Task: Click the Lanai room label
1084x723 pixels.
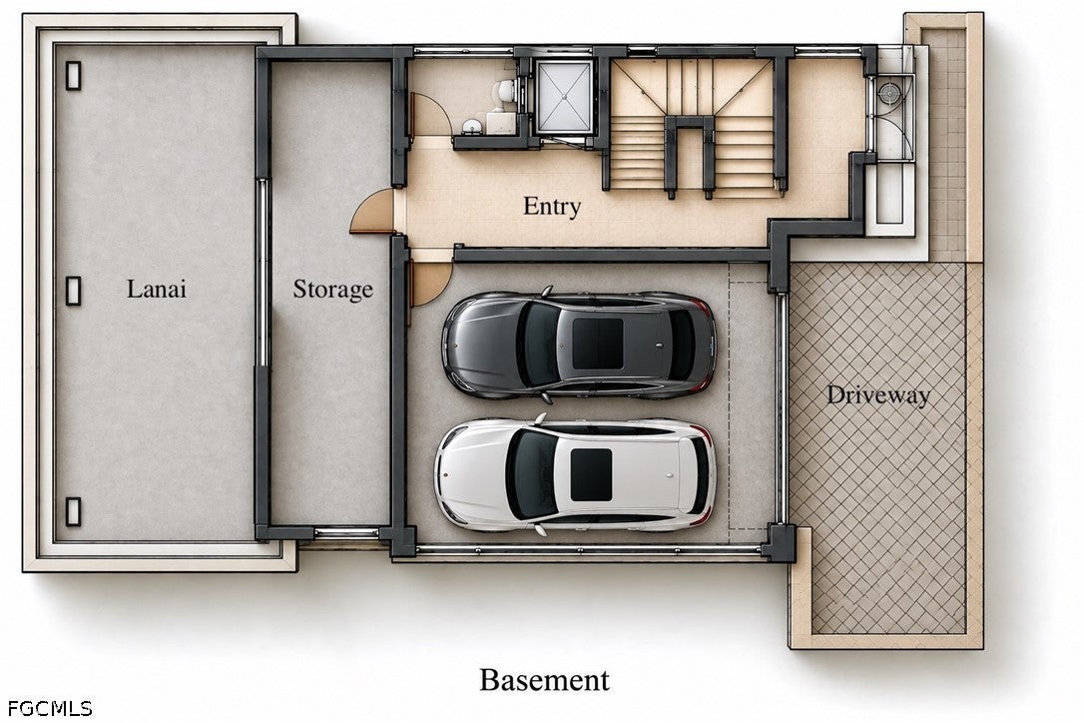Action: [x=157, y=289]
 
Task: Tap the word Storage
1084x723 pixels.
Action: [x=332, y=290]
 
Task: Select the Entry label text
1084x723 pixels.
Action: [x=552, y=206]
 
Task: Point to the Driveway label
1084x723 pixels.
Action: [x=878, y=395]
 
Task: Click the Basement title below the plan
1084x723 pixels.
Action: [x=545, y=679]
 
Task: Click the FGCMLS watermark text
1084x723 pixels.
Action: [x=50, y=708]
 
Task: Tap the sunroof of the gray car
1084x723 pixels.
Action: [x=598, y=344]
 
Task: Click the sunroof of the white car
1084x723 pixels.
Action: [x=591, y=474]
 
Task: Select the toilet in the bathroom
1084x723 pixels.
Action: [x=504, y=91]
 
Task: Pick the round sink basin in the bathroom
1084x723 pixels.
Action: [x=472, y=127]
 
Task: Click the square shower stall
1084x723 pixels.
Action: [x=564, y=97]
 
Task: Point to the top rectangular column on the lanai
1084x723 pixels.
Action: [x=73, y=76]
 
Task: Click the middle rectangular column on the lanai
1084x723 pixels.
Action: [x=73, y=291]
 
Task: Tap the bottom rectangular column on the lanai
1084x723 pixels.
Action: [x=73, y=511]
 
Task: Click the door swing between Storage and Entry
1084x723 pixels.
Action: [x=373, y=212]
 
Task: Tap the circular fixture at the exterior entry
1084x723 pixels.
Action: [x=887, y=91]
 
